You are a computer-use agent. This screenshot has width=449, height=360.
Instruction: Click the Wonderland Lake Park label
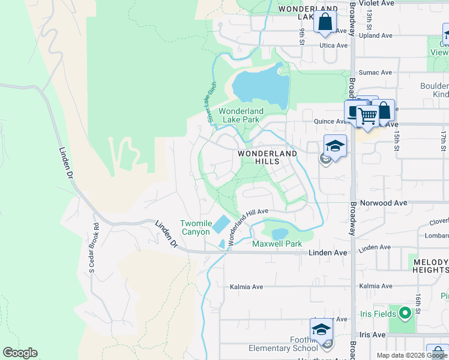(240, 115)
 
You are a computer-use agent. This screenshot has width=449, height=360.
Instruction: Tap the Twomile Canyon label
(195, 227)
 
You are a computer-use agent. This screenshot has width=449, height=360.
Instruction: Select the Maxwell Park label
(277, 244)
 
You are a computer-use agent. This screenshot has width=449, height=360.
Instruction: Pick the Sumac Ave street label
(375, 73)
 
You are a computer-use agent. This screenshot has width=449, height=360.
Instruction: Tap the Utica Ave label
(334, 45)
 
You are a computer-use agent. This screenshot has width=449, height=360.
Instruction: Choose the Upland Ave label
(375, 35)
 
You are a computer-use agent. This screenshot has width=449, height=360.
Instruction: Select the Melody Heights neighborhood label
(430, 266)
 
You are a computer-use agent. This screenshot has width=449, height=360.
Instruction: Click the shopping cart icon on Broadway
(367, 115)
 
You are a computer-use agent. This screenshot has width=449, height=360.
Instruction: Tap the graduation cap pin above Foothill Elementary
(321, 330)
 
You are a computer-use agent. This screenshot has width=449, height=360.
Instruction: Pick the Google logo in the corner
(20, 353)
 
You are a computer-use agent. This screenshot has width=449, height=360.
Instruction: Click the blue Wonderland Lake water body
(255, 85)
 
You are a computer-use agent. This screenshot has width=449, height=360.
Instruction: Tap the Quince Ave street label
(330, 121)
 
